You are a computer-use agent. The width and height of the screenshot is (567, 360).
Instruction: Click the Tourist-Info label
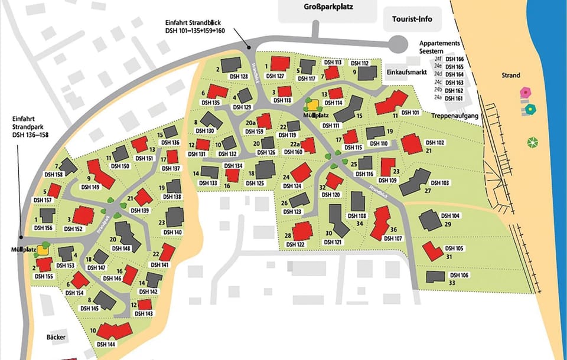point(412,19)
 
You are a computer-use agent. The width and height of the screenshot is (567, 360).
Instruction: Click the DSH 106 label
point(458,275)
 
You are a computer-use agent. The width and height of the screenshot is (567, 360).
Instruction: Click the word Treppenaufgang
point(454,116)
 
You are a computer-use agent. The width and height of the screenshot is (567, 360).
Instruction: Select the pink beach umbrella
point(525,93)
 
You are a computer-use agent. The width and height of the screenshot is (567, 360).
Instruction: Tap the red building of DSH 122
point(302,231)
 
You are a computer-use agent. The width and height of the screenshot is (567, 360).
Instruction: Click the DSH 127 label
point(275,76)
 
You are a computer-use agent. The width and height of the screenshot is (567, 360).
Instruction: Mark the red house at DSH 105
point(432,250)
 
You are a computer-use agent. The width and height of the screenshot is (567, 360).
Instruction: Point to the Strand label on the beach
point(511,76)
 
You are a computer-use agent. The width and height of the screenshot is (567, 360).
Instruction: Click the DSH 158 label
point(54,175)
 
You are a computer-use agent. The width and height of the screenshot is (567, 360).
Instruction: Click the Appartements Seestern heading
point(439,47)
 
